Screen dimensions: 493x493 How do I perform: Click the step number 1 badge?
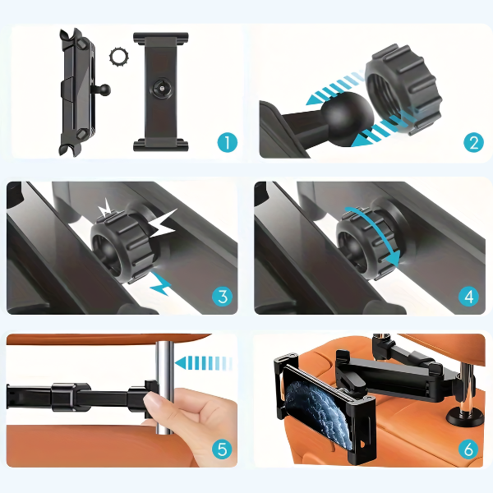[227, 143]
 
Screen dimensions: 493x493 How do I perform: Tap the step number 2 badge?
[473, 143]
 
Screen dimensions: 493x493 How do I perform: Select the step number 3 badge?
[223, 297]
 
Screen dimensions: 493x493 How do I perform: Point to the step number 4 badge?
[468, 297]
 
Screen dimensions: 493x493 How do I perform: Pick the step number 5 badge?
[223, 449]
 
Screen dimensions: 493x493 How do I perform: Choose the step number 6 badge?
[468, 449]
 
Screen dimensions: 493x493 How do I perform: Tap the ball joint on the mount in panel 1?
[105, 90]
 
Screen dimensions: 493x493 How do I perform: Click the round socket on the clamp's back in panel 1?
[161, 89]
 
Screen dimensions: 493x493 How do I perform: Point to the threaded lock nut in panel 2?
[404, 90]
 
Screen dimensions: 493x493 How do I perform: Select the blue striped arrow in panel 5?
[204, 363]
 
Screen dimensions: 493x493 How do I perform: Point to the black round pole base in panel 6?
[465, 417]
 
